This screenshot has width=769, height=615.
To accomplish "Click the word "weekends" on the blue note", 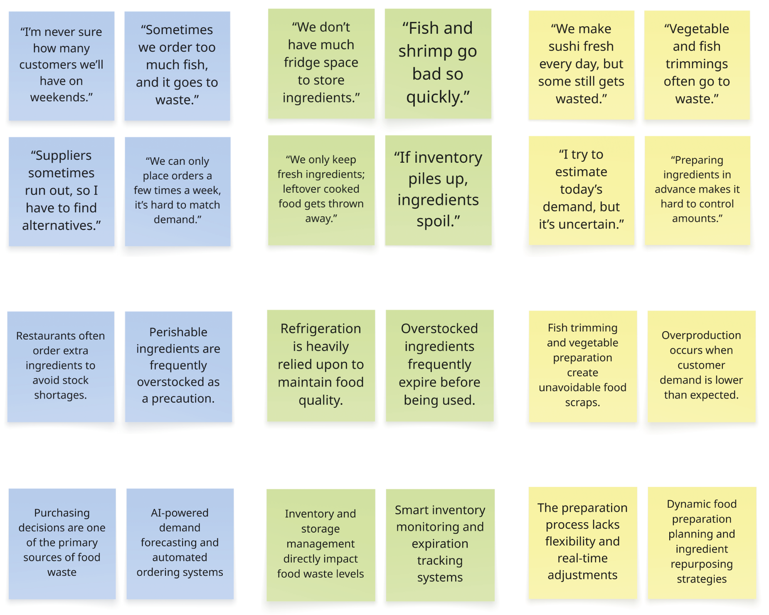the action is click(59, 97).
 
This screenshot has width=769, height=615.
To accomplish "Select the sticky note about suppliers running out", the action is click(62, 191).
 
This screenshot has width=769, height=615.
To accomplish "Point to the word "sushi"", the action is click(563, 46).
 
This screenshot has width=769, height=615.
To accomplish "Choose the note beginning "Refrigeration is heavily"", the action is click(321, 365).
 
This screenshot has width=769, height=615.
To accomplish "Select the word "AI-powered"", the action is click(180, 513).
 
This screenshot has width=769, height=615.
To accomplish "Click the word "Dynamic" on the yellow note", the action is click(686, 504).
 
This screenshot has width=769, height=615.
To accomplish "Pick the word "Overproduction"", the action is click(701, 335).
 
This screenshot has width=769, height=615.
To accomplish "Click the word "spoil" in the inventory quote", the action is click(436, 221).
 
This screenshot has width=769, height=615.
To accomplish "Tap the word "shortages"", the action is click(60, 395).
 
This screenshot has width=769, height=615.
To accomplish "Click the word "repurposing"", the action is click(702, 564).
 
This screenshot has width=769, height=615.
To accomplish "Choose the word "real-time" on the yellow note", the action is click(582, 558).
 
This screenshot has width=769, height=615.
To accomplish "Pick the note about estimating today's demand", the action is click(582, 191).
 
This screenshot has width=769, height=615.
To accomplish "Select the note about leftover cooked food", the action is click(321, 190).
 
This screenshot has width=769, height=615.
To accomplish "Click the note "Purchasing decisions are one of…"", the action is click(62, 544).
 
